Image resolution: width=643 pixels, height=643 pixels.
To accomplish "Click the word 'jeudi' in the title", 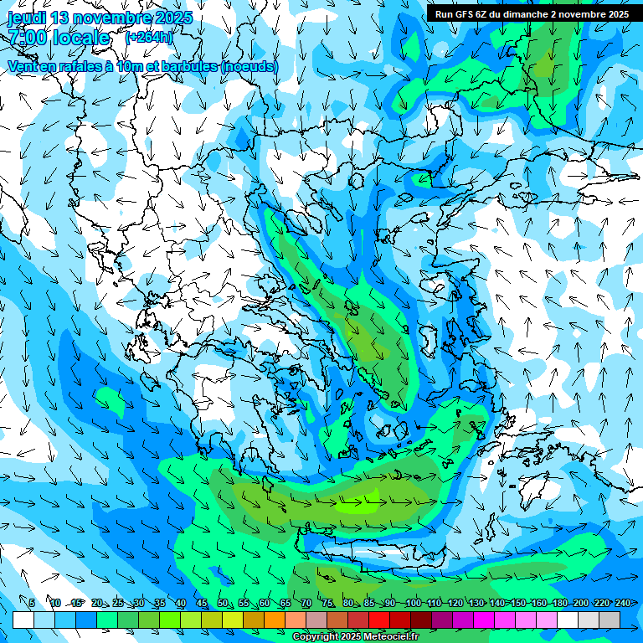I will pyautogui.click(x=27, y=18).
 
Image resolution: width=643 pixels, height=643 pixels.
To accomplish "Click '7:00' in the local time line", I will pyautogui.click(x=30, y=38).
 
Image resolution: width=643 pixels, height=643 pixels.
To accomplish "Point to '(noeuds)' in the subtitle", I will pyautogui.click(x=250, y=66).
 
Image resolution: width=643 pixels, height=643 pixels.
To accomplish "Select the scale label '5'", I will pyautogui.click(x=31, y=603).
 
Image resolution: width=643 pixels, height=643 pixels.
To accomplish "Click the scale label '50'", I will pyautogui.click(x=222, y=603).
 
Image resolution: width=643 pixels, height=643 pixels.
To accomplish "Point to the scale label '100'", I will pyautogui.click(x=413, y=603).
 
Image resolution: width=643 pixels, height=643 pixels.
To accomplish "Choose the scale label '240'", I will pyautogui.click(x=622, y=603).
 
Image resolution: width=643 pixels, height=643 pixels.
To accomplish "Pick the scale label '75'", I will pyautogui.click(x=327, y=603).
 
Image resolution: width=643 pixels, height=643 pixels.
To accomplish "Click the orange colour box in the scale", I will pyautogui.click(x=275, y=620).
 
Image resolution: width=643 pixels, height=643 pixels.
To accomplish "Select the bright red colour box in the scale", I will pyautogui.click(x=379, y=620).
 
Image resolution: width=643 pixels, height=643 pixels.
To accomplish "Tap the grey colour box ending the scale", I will pyautogui.click(x=610, y=620).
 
